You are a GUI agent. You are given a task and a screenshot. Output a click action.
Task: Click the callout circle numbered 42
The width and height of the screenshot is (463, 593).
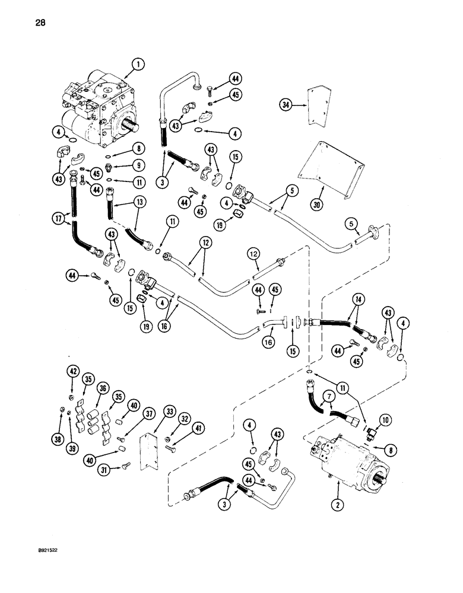tap(72, 372)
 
